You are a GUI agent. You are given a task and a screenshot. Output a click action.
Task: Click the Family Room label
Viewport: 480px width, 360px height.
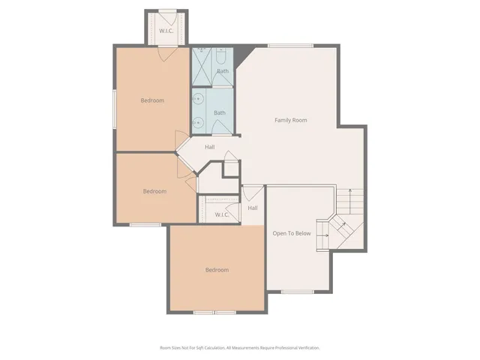290,120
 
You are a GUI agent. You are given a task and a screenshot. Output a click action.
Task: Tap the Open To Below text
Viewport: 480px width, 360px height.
291,233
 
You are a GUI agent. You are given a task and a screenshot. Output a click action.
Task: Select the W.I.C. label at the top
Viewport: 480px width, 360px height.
166,31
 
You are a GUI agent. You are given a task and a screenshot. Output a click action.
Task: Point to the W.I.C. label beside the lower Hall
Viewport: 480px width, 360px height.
221,215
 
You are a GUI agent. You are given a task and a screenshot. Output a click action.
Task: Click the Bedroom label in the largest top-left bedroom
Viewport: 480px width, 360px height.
152,100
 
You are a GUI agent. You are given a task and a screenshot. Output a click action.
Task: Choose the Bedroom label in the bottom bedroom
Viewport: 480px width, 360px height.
217,270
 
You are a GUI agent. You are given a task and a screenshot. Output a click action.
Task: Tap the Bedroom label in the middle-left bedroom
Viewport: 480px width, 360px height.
154,191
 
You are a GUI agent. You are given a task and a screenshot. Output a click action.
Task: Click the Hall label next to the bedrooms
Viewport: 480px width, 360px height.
210,147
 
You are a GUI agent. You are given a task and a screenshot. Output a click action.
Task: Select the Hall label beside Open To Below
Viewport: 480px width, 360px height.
253,208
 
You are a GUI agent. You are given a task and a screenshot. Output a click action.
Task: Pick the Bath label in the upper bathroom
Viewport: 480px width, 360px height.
223,71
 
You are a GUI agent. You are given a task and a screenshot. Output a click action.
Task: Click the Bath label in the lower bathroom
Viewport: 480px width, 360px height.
219,113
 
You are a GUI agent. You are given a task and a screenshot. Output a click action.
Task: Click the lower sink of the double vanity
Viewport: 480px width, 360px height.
199,122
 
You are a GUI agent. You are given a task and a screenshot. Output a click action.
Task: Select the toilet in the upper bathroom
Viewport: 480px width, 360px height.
222,56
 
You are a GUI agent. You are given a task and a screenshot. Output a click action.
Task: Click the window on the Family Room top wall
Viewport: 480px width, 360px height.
290,46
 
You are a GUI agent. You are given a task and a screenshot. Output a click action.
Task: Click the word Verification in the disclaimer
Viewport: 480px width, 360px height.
307,348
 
